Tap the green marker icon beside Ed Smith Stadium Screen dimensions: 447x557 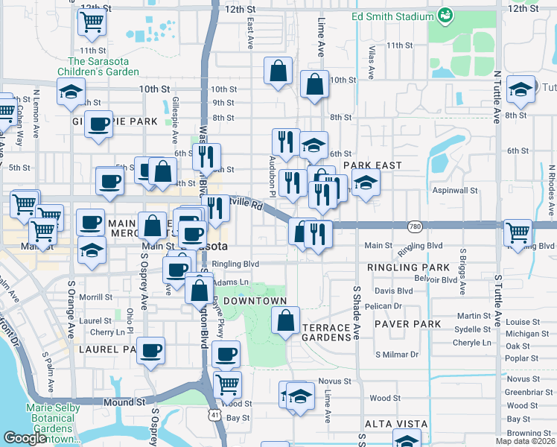pos(446,13)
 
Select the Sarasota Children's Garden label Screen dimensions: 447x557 pos(104,66)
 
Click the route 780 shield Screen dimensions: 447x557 pos(415,225)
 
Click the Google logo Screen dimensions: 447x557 pos(25,438)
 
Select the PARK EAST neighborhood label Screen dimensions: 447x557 pos(372,165)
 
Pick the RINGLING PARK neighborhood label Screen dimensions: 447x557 pos(408,267)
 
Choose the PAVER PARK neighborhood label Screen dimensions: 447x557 pos(407,325)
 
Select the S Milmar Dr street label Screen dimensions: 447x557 pos(397,355)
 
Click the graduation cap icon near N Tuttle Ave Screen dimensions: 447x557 pos(521,89)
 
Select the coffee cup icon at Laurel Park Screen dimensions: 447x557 pos(151,350)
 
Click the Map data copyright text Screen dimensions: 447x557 pos(526,441)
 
